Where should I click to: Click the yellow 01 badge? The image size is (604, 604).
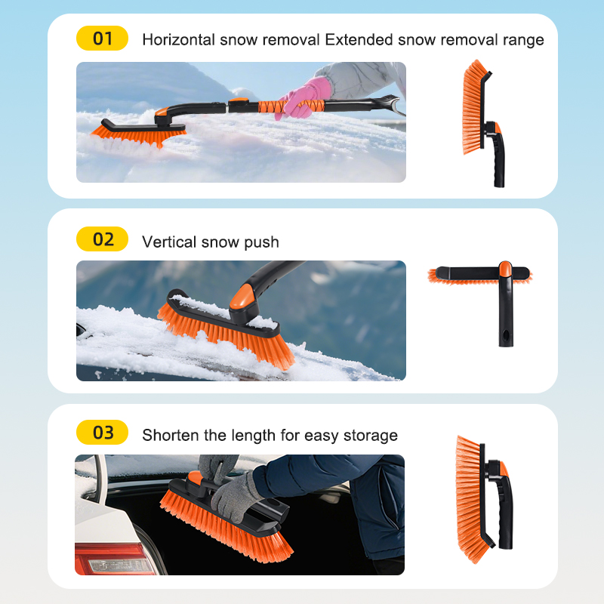coord(102,39)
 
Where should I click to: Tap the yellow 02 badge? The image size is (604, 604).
coord(102,239)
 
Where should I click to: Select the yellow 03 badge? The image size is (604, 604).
coord(102,432)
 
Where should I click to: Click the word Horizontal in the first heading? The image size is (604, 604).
coord(178,40)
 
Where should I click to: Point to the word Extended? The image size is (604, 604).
coord(359,40)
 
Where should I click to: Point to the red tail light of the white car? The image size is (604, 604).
coord(116,558)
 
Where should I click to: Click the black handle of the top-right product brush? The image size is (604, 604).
coord(496,155)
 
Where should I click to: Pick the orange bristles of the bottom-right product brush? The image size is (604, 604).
coord(469,499)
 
